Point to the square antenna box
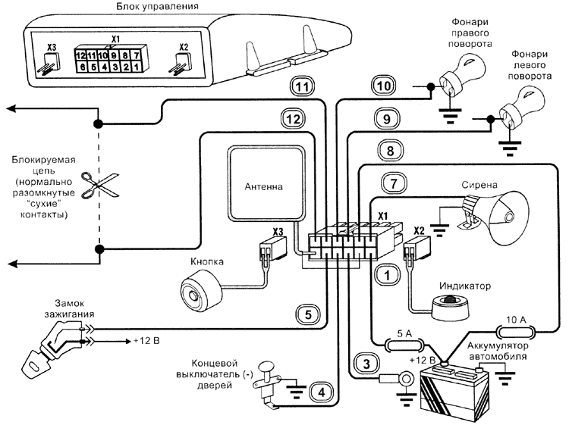coord(262,183)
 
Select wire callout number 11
coord(302,87)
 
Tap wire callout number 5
coord(302,312)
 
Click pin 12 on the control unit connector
coord(80,55)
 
